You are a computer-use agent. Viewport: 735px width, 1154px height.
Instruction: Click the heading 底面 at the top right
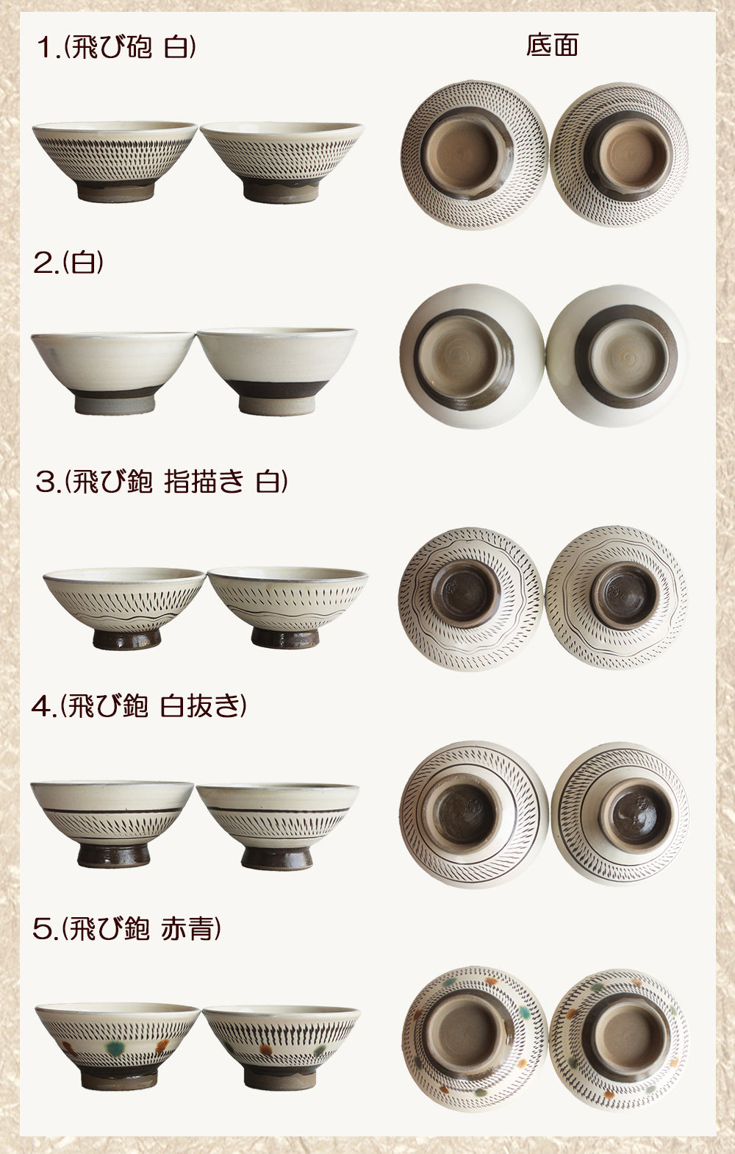click(552, 46)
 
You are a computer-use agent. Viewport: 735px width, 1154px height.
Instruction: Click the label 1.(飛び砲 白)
click(116, 47)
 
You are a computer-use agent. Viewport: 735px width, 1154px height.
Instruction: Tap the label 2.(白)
click(68, 262)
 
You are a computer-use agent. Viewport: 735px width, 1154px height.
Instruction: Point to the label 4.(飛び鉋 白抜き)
click(139, 705)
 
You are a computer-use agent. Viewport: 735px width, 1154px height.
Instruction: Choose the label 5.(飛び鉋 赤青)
click(126, 928)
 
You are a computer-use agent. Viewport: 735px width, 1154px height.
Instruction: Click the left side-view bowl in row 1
click(115, 161)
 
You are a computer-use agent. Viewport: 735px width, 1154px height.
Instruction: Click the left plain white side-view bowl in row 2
click(113, 373)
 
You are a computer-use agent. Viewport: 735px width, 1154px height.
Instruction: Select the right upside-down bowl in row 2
click(617, 356)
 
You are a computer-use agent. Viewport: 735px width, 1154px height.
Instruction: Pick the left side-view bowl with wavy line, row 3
click(124, 608)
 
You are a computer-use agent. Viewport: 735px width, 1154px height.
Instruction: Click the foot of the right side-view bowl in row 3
click(286, 638)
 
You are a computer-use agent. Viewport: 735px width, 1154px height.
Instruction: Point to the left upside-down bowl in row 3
click(470, 599)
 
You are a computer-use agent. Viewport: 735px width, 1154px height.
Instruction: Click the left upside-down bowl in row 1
click(474, 155)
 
